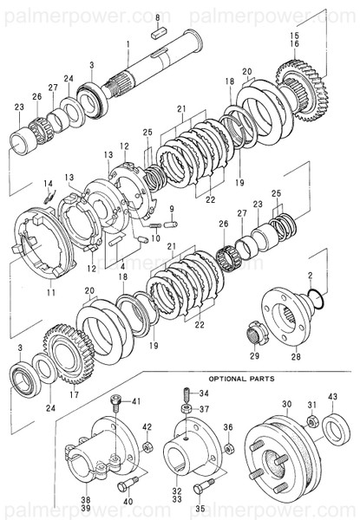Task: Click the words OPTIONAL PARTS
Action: tap(240, 379)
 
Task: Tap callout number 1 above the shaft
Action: tap(128, 43)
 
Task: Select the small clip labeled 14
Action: tap(51, 196)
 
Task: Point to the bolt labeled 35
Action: tap(206, 486)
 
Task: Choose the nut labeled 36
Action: tap(228, 448)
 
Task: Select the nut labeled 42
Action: tap(147, 448)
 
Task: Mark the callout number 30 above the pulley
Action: tap(287, 405)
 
